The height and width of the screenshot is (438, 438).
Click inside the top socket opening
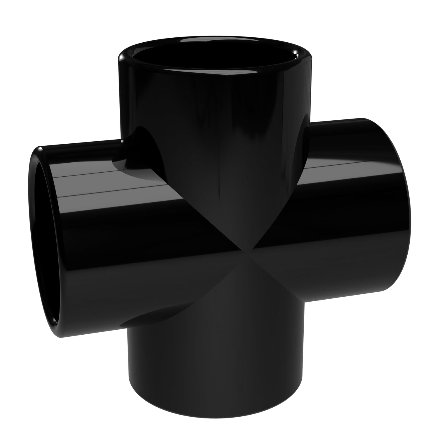(215, 55)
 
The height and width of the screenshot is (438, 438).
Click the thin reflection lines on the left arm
(111, 181)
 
